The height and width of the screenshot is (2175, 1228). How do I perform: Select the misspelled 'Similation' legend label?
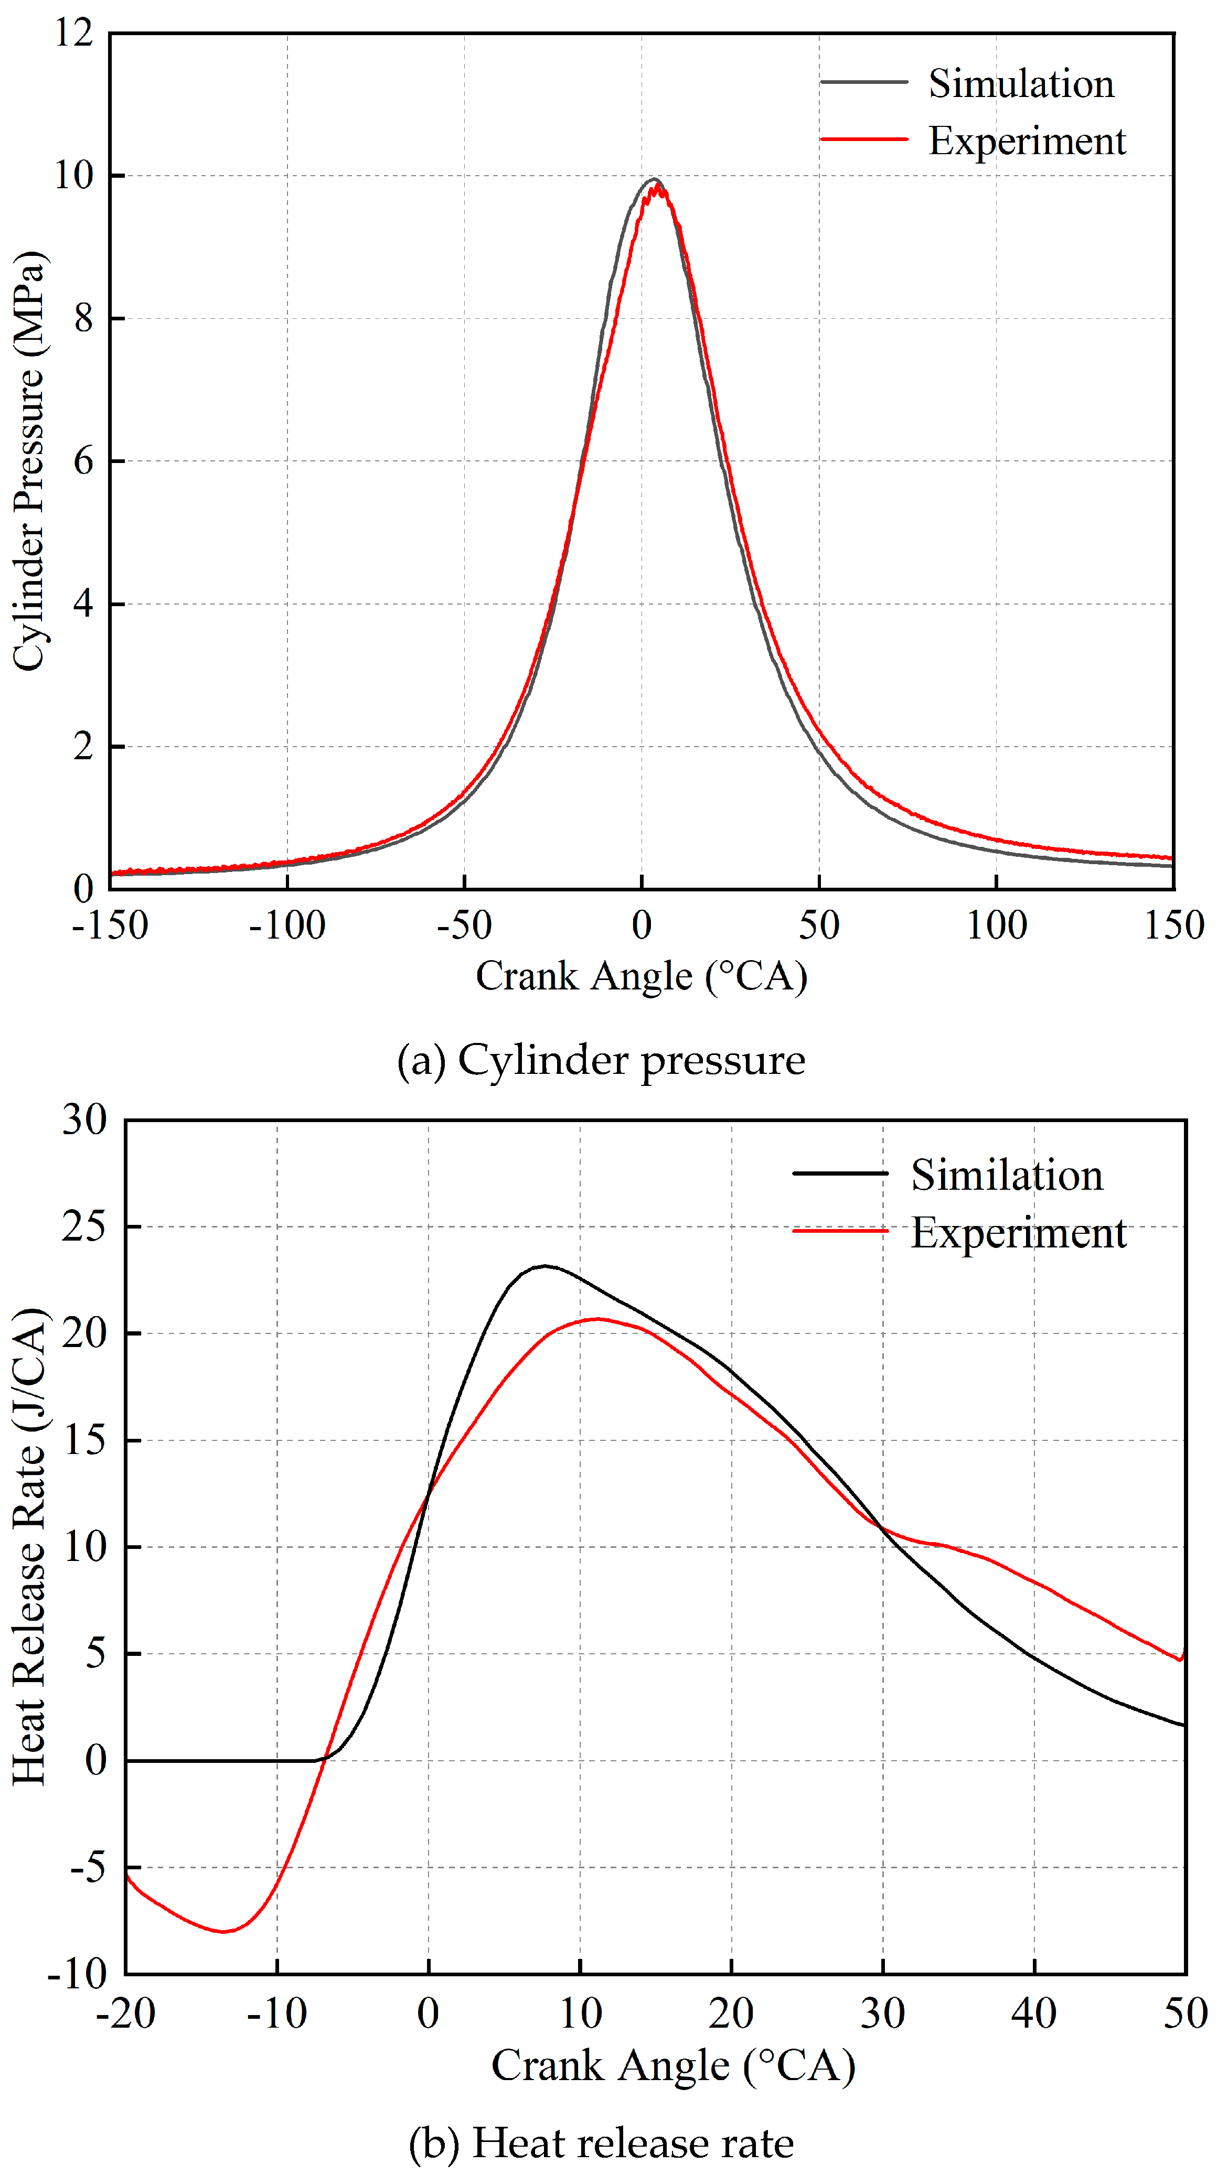coord(1006,1175)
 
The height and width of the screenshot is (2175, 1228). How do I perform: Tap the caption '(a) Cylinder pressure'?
coord(601,1060)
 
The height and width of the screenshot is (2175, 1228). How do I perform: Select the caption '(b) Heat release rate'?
coord(601,2143)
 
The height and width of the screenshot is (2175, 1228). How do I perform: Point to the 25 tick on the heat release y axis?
coord(84,1226)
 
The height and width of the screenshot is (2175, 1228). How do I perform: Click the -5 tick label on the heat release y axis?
coord(88,1868)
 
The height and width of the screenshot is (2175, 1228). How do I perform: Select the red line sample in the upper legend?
coord(863,139)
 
